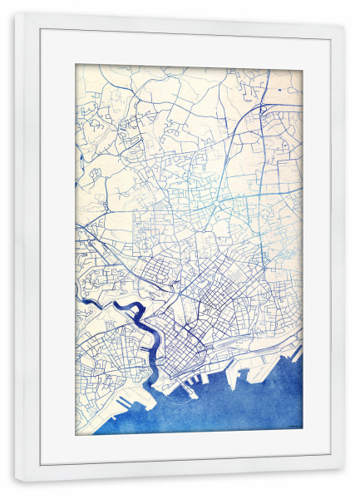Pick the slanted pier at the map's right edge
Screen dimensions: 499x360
pyautogui.click(x=295, y=353)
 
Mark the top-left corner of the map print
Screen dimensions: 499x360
pyautogui.click(x=76, y=66)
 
